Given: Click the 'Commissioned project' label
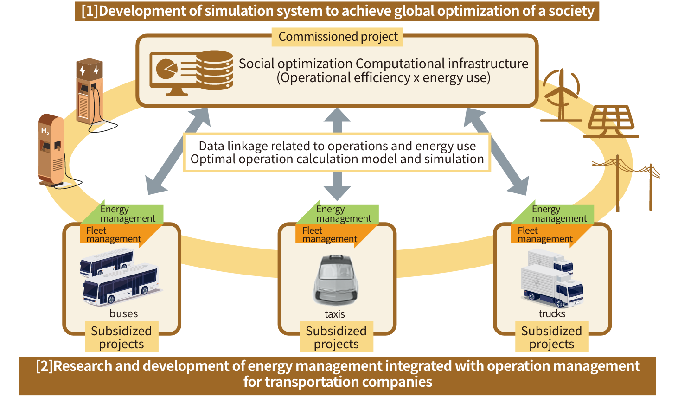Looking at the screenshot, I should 338,37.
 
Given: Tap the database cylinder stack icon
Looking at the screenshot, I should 214,70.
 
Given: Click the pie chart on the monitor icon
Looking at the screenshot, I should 166,69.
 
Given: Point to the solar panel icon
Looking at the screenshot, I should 611,121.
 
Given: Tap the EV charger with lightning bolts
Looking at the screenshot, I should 89,91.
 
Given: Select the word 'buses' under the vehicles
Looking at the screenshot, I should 124,313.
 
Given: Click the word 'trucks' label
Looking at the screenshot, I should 552,313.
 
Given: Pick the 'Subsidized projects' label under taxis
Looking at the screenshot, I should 336,337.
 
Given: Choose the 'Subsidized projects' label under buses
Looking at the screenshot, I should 121,337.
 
